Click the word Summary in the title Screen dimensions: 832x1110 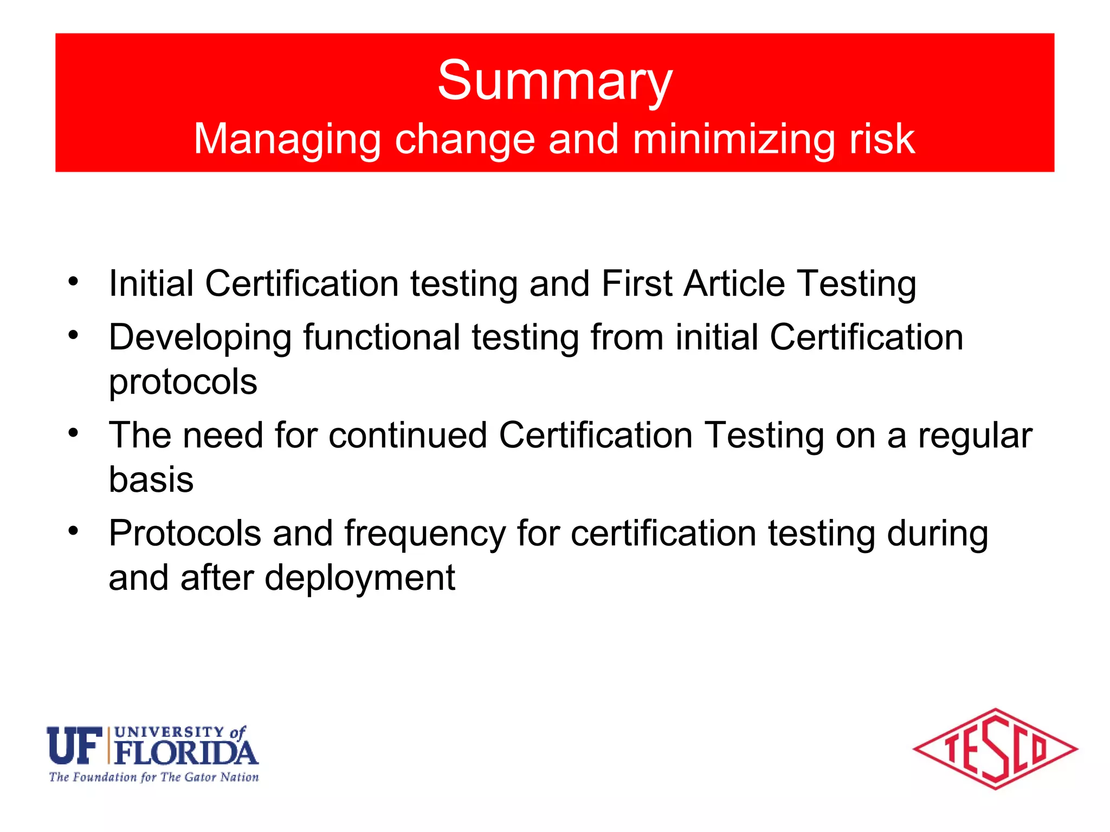pos(554,81)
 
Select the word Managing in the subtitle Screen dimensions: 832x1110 pos(287,139)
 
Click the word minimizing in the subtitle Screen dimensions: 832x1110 pos(733,139)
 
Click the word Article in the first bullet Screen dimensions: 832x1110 pos(734,283)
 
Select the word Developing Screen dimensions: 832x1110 pos(200,338)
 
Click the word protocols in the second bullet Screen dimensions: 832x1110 pos(183,382)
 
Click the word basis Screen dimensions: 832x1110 pos(151,479)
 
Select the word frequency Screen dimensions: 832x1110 pos(425,534)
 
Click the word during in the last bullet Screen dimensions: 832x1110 pos(937,534)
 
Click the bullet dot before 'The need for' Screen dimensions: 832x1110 pos(74,433)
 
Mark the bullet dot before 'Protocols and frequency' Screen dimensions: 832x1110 pos(74,531)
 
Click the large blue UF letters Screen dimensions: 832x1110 pos(75,745)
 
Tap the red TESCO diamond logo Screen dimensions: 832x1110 pos(995,749)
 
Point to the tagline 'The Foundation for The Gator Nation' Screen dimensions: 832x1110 pos(154,777)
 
